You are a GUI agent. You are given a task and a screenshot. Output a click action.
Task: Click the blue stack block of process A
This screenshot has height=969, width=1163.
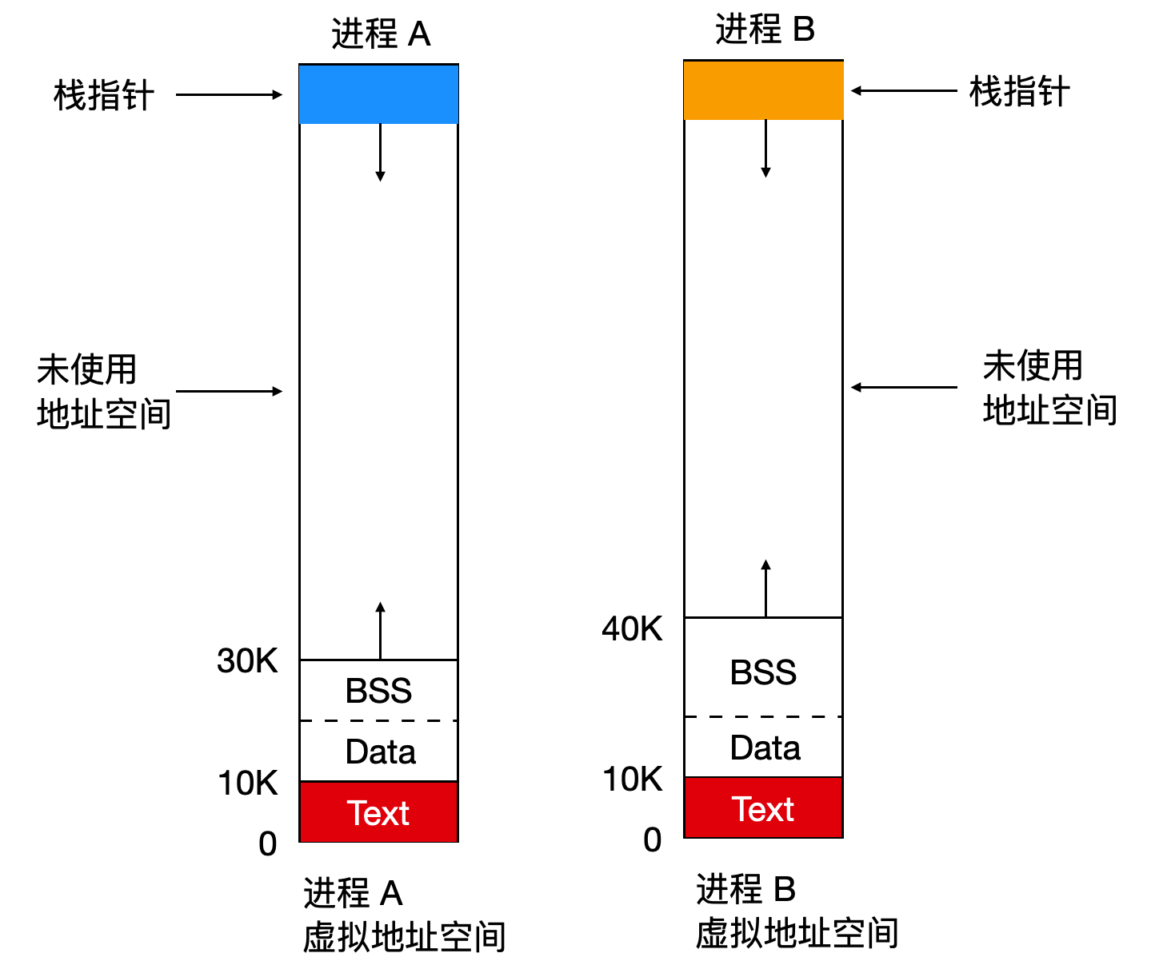coord(378,94)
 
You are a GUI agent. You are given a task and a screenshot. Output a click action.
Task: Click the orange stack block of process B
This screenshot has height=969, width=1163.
coord(763,90)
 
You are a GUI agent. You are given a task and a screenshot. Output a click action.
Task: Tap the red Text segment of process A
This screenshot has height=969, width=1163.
coord(378,812)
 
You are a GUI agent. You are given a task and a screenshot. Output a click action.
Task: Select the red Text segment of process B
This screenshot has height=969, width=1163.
coord(763,808)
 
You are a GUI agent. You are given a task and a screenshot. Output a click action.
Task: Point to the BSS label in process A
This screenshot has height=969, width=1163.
coord(378,691)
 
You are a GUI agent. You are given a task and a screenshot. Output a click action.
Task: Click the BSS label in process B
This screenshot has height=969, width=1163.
coord(763,672)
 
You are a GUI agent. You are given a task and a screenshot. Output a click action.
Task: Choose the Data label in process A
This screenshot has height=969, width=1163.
coord(380,752)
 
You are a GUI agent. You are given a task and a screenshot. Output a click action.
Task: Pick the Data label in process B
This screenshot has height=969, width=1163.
coord(765,748)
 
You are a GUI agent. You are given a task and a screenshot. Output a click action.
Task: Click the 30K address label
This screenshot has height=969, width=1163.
coord(247,661)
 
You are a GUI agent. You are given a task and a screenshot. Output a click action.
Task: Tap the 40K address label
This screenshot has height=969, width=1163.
coord(632,629)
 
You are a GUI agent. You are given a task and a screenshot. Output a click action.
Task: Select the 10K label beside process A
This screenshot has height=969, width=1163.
coord(247,783)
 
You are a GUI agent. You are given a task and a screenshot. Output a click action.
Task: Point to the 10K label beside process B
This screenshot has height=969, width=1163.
coord(632,779)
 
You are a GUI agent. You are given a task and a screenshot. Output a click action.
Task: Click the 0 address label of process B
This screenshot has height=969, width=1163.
coord(653,839)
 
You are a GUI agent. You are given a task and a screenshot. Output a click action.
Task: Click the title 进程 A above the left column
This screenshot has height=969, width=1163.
coord(381,34)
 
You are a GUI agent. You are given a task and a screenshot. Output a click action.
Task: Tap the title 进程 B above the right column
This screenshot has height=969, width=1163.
coord(765,30)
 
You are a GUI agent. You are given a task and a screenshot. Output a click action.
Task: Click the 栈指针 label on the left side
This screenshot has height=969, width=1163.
coord(103,95)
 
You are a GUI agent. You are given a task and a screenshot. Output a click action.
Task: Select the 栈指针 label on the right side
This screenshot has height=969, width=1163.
coord(1019,91)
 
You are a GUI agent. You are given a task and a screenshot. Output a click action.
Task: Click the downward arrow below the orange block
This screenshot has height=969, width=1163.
coord(765,148)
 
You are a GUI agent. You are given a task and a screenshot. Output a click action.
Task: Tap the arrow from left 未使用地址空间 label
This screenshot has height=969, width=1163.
coord(229,391)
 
